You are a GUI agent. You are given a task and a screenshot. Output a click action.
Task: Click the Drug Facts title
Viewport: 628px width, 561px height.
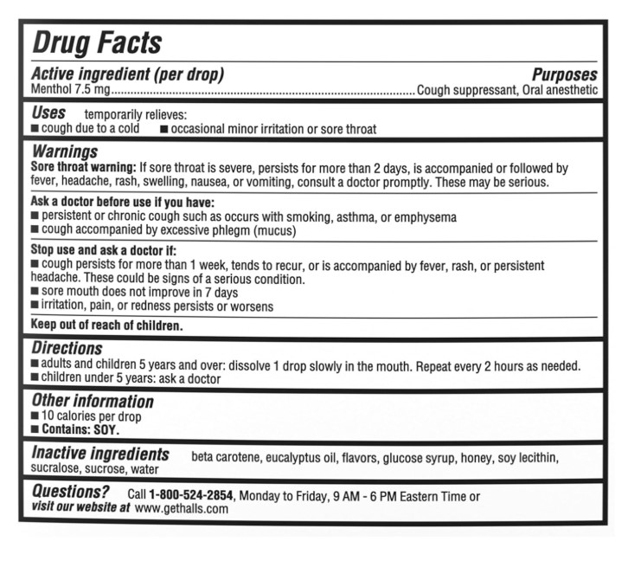pos(97,43)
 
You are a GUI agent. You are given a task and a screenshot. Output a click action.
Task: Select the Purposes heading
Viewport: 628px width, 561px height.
pos(564,74)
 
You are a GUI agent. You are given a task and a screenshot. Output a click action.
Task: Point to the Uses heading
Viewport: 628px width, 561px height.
pos(48,113)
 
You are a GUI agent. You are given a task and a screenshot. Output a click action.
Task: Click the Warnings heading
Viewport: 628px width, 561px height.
pos(64,152)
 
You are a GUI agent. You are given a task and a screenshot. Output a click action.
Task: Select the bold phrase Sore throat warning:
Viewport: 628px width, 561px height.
pos(83,168)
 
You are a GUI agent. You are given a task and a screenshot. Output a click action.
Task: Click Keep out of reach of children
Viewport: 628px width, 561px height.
pos(107,326)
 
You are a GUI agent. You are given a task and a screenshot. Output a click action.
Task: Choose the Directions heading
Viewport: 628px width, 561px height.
pos(67,350)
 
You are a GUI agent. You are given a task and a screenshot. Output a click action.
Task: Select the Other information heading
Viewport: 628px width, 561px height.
pos(93,402)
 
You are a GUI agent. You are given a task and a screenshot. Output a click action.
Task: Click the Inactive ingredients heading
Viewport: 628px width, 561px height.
pos(100,455)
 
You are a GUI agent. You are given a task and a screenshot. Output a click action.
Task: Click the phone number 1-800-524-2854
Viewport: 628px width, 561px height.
pos(190,496)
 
